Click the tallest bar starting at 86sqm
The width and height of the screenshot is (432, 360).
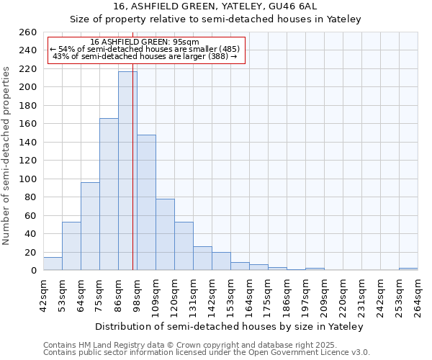tap(127, 171)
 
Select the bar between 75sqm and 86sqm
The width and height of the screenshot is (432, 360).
tap(109, 194)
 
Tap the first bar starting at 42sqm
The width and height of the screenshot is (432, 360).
tap(53, 264)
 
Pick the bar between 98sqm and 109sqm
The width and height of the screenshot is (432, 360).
tap(146, 202)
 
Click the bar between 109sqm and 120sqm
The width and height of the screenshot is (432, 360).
tap(165, 235)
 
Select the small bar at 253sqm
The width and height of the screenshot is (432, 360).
tap(408, 269)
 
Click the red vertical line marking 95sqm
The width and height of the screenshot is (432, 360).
tap(133, 216)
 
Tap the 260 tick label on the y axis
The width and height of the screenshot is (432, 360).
tap(27, 32)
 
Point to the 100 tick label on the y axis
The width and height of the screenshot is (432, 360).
tap(27, 179)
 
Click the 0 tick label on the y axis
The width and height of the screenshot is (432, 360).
tap(33, 271)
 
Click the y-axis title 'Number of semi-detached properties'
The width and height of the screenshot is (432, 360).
tap(7, 156)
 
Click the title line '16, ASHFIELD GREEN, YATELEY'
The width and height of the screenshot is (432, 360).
tap(215, 6)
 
